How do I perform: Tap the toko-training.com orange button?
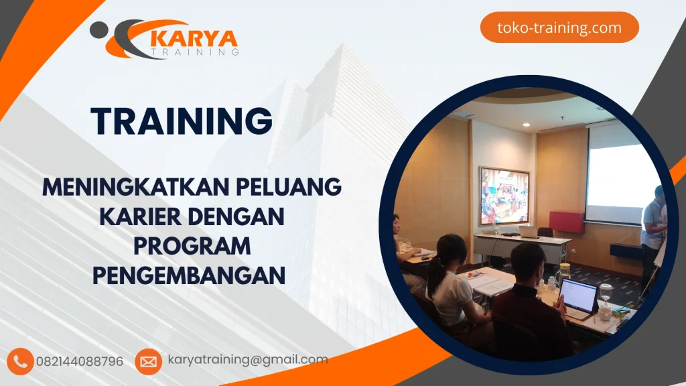(x=559, y=28)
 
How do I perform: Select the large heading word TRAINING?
(x=182, y=121)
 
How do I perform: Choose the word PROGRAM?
(x=192, y=246)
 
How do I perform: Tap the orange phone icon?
(x=21, y=361)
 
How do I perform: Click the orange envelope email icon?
(x=148, y=362)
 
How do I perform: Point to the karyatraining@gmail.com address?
(x=248, y=360)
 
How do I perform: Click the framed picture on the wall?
(x=504, y=196)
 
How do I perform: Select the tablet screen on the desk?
(x=577, y=294)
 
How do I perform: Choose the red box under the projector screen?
(x=566, y=222)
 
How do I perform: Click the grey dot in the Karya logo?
(x=98, y=28)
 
